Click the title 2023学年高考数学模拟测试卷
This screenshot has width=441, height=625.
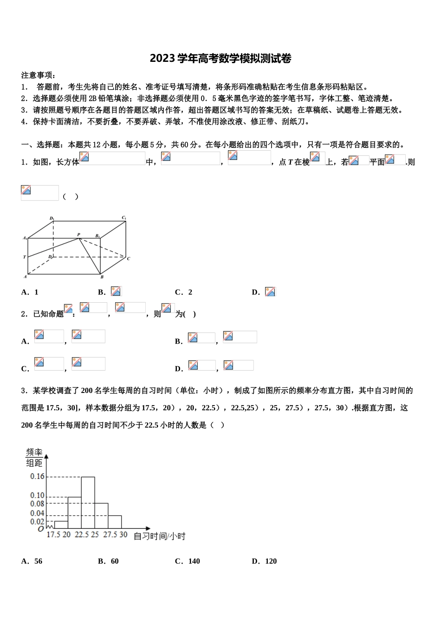pos(220,59)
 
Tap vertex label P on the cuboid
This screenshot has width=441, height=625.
pos(78,234)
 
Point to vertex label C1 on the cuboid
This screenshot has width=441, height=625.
pos(124,218)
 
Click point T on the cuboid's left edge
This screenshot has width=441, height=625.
pos(24,257)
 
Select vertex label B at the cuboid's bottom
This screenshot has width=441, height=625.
pos(102,277)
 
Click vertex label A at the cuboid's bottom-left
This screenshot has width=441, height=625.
pos(25,277)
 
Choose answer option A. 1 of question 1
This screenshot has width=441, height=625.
pos(30,292)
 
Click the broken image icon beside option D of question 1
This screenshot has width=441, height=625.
pos(270,292)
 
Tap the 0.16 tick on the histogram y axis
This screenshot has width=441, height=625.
pos(37,476)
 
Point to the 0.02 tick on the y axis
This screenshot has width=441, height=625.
pos(37,521)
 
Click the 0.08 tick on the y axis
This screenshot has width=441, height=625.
pos(37,504)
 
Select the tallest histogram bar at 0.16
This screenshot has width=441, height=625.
pos(88,502)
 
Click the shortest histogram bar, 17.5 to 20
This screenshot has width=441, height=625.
pos(61,525)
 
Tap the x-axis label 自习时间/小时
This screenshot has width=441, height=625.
pos(159,536)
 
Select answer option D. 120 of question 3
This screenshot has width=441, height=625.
pos(264,561)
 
